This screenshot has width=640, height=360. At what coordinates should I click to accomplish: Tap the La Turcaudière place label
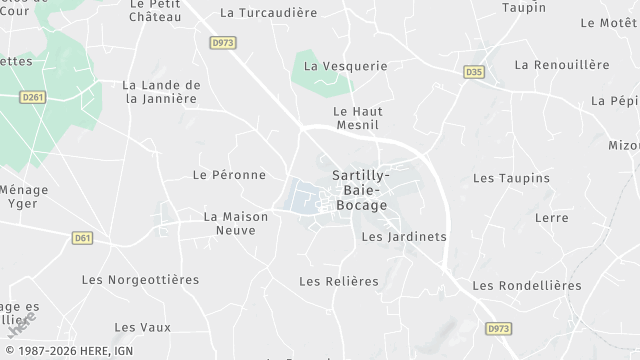(268, 13)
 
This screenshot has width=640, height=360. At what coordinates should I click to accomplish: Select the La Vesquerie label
(345, 66)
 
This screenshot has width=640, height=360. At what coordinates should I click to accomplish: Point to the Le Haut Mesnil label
(358, 119)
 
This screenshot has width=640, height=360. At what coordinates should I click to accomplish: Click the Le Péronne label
(229, 175)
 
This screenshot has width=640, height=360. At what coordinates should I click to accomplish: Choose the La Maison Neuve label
(229, 223)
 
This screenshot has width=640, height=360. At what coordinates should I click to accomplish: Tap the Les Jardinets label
(403, 237)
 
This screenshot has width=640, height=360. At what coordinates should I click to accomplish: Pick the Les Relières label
(339, 282)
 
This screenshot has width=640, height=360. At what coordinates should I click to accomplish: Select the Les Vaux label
(143, 327)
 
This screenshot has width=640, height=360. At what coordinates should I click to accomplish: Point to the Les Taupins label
(511, 178)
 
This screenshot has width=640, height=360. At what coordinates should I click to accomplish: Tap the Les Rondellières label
(526, 286)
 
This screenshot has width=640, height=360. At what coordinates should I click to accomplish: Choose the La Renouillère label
(562, 65)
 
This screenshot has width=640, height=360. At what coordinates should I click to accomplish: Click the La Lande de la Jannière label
(161, 92)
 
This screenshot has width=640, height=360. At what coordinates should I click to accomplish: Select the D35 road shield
(474, 72)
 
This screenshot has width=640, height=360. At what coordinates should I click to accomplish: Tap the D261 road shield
(34, 96)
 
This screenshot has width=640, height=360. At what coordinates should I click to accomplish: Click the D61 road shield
(83, 238)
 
